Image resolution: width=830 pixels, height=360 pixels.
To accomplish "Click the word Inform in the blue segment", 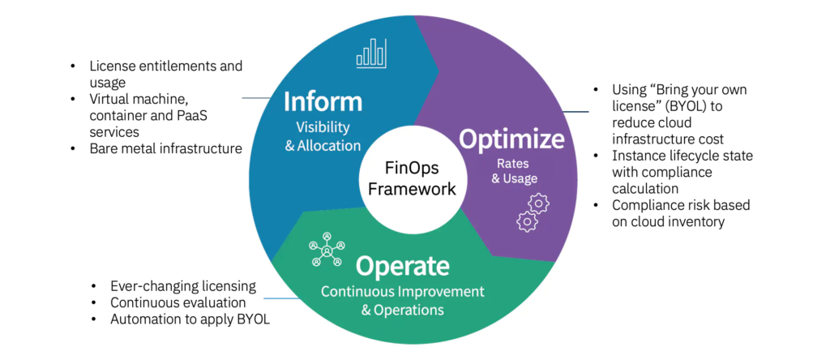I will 322,103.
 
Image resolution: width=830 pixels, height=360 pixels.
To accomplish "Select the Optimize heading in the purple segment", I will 511,139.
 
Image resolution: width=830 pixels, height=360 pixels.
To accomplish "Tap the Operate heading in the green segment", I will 402,266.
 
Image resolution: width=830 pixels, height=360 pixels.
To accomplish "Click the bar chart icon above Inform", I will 371,54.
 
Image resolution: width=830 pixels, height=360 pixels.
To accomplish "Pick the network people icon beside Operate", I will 327,250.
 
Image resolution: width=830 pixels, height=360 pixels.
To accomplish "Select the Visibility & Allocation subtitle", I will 322,137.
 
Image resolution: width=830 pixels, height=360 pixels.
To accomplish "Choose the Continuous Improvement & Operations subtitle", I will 402,299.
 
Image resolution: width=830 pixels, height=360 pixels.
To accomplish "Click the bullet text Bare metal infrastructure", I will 165,148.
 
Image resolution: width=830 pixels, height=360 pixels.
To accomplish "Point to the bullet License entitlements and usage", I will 165,73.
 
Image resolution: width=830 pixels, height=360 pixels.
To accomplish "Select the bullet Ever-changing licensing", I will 183,286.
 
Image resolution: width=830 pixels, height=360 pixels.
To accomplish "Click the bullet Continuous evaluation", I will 178,302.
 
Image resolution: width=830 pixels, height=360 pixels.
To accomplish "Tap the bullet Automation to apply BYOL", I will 190,319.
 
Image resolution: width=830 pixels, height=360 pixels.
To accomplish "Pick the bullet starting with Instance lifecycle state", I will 681,165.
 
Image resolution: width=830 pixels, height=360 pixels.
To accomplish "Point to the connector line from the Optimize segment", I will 574,111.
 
